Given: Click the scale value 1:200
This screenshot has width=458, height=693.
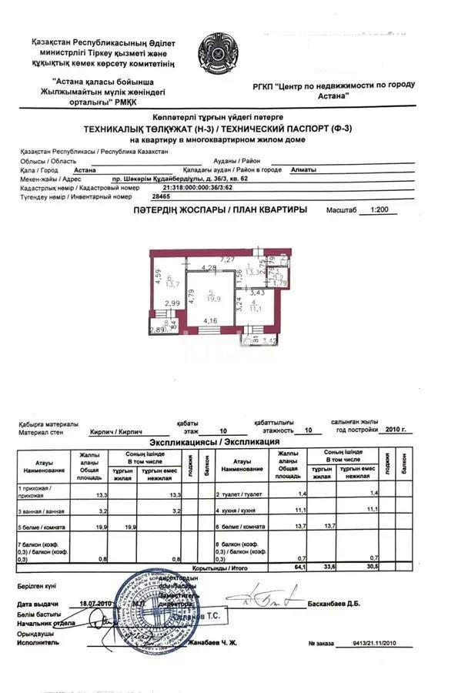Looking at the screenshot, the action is coord(378,209).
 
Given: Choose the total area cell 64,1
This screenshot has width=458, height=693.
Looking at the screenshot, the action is coord(288,567).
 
